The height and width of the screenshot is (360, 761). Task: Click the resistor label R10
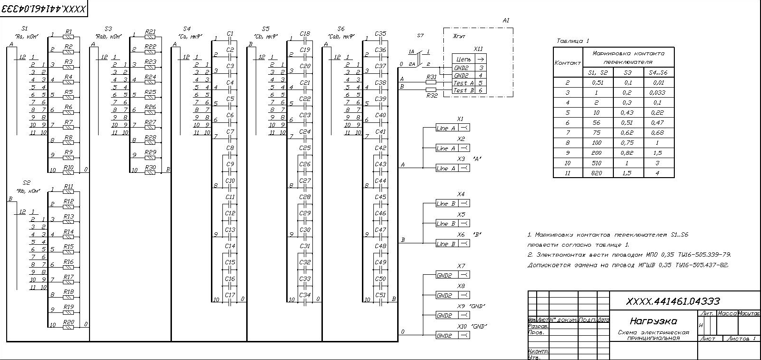pyautogui.click(x=69, y=168)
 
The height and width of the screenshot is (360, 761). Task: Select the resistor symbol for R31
pyautogui.click(x=431, y=82)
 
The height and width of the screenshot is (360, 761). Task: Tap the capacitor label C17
pyautogui.click(x=230, y=295)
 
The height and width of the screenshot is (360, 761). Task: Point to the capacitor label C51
pyautogui.click(x=380, y=295)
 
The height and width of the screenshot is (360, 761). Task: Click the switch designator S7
pyautogui.click(x=420, y=36)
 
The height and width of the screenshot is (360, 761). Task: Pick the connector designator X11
pyautogui.click(x=478, y=49)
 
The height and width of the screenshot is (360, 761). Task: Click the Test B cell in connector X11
pyautogui.click(x=464, y=90)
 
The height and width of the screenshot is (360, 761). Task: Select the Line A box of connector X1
pyautogui.click(x=446, y=128)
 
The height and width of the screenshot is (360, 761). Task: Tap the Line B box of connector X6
pyautogui.click(x=446, y=244)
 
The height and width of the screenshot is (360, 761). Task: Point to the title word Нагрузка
pyautogui.click(x=653, y=321)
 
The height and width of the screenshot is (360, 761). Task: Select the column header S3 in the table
pyautogui.click(x=628, y=73)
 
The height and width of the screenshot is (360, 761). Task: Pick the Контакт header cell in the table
pyautogui.click(x=568, y=63)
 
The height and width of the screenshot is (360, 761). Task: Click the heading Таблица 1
pyautogui.click(x=573, y=41)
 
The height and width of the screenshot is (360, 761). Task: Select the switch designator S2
pyautogui.click(x=27, y=183)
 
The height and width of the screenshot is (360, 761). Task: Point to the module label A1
pyautogui.click(x=506, y=20)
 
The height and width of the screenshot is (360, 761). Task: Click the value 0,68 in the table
pyautogui.click(x=657, y=133)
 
